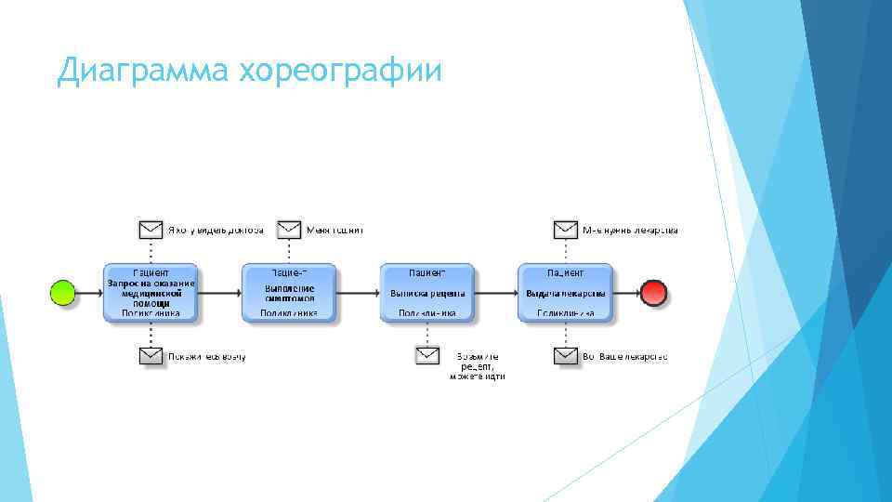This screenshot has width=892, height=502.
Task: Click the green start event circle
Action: tap(62, 293)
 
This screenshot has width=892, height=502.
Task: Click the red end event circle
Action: tap(654, 293)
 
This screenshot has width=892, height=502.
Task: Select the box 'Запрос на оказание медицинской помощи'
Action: tap(151, 293)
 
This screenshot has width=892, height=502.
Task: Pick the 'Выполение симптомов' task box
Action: tap(289, 293)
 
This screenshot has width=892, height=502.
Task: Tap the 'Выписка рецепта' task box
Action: tap(427, 293)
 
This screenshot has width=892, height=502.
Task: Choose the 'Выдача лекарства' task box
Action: tap(565, 293)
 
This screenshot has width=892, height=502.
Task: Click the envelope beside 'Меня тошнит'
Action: tap(289, 230)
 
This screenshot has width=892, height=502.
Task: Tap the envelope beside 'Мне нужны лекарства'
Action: tap(565, 230)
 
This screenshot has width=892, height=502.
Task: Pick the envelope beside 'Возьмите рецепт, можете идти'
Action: tap(427, 356)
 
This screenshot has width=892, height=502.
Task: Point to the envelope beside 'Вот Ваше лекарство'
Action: tap(565, 356)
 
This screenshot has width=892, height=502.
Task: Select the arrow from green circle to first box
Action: tap(89, 293)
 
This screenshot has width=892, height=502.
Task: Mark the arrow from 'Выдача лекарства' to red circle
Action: tap(627, 293)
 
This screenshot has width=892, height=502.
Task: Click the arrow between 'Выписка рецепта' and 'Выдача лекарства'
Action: tap(496, 293)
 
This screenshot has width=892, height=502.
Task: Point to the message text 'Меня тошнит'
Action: tap(334, 230)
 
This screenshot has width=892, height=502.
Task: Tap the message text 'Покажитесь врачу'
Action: tap(206, 356)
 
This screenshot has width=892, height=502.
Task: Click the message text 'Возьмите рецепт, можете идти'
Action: tap(478, 366)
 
